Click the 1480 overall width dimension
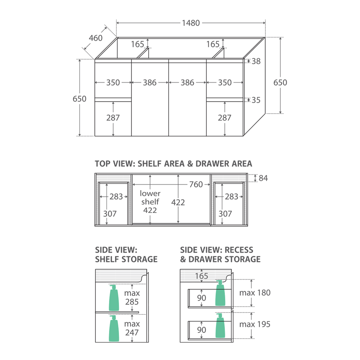(191, 23)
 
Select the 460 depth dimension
(96, 38)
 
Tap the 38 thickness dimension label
(256, 61)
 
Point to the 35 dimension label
(256, 100)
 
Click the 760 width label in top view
(196, 184)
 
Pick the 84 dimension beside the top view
(263, 178)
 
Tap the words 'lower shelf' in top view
(150, 197)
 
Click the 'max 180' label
(255, 293)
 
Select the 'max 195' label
(255, 324)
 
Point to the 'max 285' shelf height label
(132, 297)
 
